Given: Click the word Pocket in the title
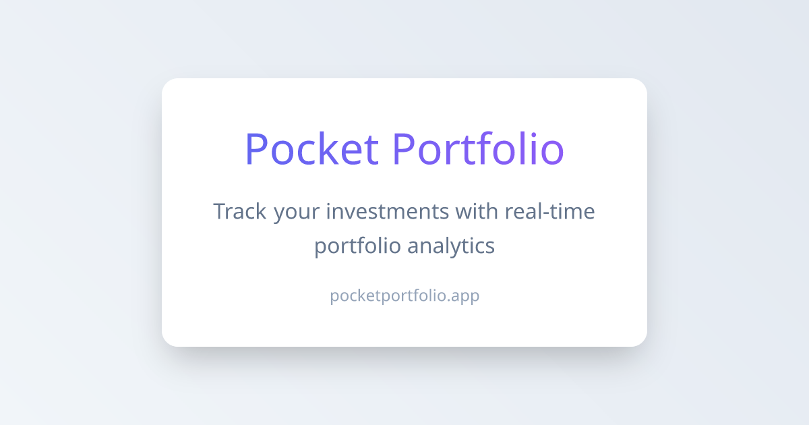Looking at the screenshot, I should click(311, 148).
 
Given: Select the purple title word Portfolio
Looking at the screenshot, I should click(477, 148).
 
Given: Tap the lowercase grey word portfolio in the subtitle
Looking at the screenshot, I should click(357, 246).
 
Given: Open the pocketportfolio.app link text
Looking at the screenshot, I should click(404, 296).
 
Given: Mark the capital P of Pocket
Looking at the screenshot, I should click(257, 148).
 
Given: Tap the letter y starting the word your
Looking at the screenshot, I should click(280, 215).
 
